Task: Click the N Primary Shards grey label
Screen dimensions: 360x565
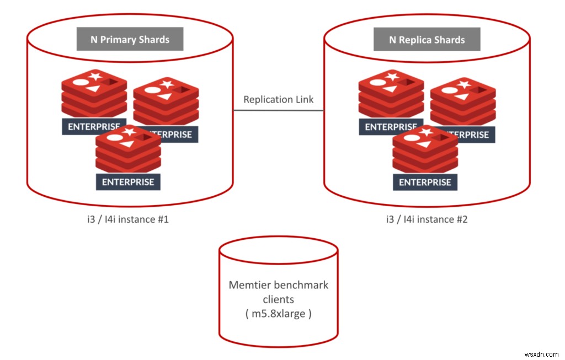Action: click(130, 40)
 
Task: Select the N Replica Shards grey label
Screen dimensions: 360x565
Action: click(427, 40)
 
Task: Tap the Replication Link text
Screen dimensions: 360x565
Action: click(278, 99)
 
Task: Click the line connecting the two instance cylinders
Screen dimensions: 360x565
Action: click(278, 110)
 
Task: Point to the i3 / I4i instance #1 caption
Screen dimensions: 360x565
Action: click(124, 219)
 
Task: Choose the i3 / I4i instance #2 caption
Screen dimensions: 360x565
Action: click(427, 219)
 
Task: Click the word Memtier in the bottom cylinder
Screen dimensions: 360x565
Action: click(248, 285)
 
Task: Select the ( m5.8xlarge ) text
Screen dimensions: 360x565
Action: click(278, 315)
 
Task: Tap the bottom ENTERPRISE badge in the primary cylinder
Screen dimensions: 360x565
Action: click(128, 182)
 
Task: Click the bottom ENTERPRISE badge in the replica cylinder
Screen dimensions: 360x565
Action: click(425, 182)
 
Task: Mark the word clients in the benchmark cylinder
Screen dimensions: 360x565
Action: click(278, 300)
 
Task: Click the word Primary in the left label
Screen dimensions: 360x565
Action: click(119, 40)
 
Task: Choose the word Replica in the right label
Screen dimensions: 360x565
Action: click(417, 40)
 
